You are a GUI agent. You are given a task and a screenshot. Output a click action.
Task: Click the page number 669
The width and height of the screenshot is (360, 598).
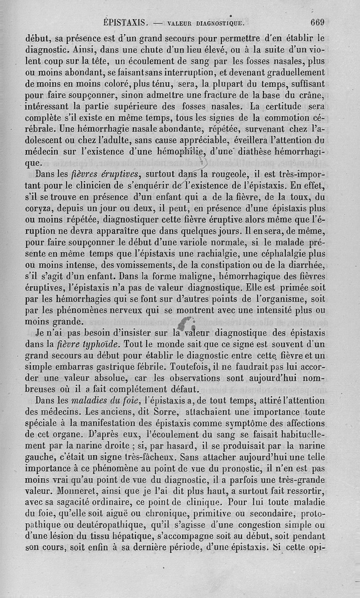click(317, 22)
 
